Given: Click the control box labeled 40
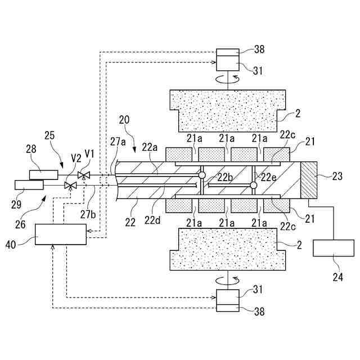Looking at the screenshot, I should tap(61, 233).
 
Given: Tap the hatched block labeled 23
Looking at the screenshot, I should tap(309, 179).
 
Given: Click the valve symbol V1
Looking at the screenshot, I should tap(84, 175).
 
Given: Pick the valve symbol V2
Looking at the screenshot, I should tap(70, 185).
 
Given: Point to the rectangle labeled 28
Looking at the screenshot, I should tap(43, 175).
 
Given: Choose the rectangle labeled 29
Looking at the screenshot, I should tap(29, 184).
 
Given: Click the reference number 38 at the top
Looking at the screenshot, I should tap(259, 49).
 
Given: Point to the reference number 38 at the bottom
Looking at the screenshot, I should tap(259, 310).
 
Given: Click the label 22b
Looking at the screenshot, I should tap(225, 178).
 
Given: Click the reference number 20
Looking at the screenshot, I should tap(124, 119).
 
